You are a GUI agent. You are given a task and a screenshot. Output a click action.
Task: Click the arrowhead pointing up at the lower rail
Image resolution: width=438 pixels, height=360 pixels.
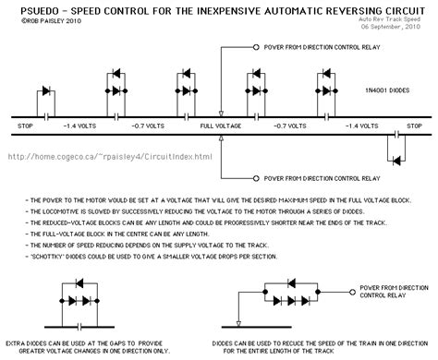pyautogui.click(x=221, y=141)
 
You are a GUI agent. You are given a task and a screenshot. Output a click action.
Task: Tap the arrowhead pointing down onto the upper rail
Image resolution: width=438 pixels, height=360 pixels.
pyautogui.click(x=221, y=109)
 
